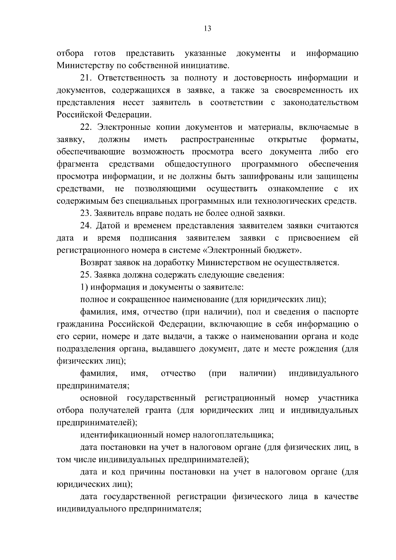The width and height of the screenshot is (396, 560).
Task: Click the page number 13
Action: pos(208,29)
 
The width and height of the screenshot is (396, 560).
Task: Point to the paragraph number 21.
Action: pos(86,78)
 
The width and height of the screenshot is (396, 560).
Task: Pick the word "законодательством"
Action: pos(320,103)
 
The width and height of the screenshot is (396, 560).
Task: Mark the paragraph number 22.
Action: pos(86,127)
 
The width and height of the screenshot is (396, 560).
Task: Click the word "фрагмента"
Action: pos(78,164)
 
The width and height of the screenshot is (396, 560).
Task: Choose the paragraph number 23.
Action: pos(86,213)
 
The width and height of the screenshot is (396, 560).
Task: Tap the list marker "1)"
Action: pos(84,287)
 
